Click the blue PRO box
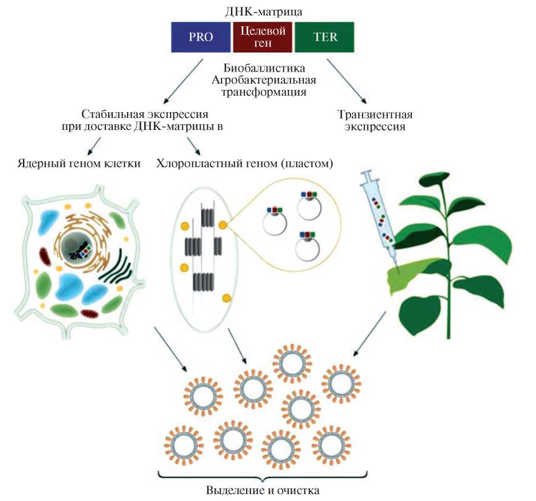pyautogui.click(x=201, y=37)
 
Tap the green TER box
pyautogui.click(x=325, y=37)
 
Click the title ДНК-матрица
pyautogui.click(x=263, y=11)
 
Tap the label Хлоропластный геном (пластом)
pyautogui.click(x=245, y=164)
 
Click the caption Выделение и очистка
pyautogui.click(x=263, y=490)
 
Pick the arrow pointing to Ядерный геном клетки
pyautogui.click(x=92, y=148)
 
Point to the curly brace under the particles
pyautogui.click(x=263, y=475)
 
